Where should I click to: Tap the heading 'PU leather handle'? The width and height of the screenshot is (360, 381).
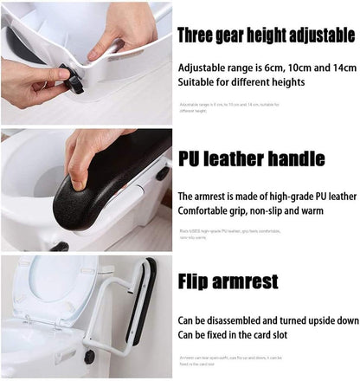coord(251,159)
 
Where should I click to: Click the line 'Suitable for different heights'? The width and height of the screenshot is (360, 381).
coord(241,83)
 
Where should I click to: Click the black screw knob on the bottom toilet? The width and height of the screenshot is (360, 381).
coord(89,356)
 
